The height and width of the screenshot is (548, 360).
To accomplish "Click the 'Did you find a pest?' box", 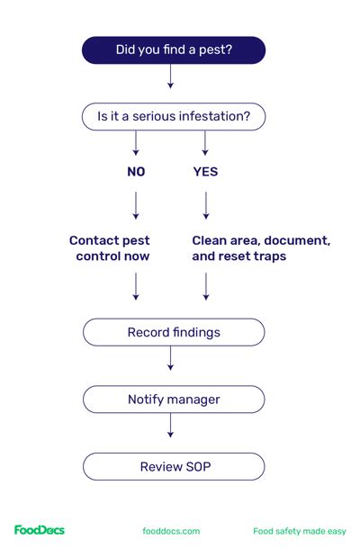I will pyautogui.click(x=174, y=50).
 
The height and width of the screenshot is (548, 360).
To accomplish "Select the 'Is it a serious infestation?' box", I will pyautogui.click(x=174, y=117).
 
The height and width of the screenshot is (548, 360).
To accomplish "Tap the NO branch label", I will pyautogui.click(x=136, y=172).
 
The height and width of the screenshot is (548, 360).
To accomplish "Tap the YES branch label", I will pyautogui.click(x=205, y=172).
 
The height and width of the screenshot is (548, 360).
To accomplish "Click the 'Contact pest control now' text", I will pyautogui.click(x=110, y=248).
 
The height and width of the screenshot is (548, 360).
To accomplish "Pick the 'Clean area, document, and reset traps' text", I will pyautogui.click(x=261, y=248).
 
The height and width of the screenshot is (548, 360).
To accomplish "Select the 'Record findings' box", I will pyautogui.click(x=174, y=332).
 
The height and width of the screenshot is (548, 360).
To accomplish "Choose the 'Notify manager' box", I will pyautogui.click(x=174, y=399).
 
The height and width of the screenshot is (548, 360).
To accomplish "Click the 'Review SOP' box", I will pyautogui.click(x=174, y=466).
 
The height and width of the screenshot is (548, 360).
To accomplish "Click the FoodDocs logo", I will pyautogui.click(x=39, y=530).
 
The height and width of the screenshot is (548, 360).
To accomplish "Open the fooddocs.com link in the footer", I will pyautogui.click(x=171, y=531).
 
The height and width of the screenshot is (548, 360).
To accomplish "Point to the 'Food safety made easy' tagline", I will pyautogui.click(x=299, y=531).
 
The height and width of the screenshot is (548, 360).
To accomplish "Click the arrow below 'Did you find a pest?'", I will pyautogui.click(x=170, y=78).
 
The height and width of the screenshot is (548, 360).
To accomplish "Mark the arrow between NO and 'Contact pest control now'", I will pyautogui.click(x=136, y=206).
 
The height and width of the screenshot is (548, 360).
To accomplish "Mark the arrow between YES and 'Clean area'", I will pyautogui.click(x=206, y=206).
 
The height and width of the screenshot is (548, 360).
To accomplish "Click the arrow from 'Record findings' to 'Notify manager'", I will pyautogui.click(x=170, y=360).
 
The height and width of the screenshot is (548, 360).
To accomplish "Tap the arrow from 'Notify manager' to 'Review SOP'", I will pyautogui.click(x=170, y=427).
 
